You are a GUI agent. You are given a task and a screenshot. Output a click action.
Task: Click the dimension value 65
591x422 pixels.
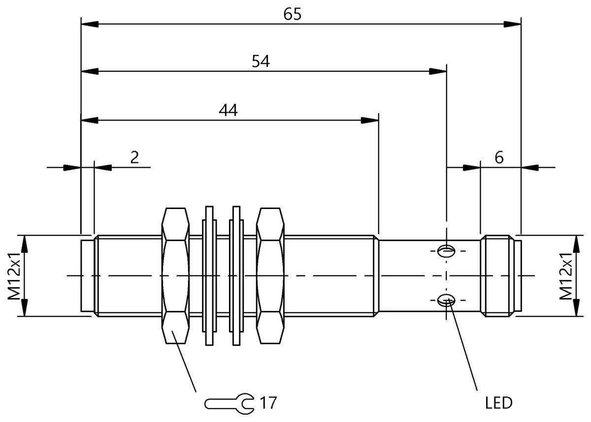[292, 14]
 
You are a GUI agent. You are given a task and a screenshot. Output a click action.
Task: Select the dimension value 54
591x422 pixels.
[261, 61]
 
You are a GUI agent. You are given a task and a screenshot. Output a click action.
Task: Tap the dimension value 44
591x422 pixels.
[228, 110]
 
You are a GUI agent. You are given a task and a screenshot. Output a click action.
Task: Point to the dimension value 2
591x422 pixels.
[134, 157]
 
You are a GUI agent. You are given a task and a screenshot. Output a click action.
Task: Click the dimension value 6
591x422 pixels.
[499, 157]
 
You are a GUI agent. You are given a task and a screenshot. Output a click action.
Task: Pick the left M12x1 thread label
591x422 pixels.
[14, 276]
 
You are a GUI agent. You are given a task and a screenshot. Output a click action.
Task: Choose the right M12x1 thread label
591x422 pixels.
[566, 276]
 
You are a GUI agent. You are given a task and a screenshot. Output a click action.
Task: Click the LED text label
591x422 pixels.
[499, 403]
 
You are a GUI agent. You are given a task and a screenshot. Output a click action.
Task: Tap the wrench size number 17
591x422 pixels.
[268, 403]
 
